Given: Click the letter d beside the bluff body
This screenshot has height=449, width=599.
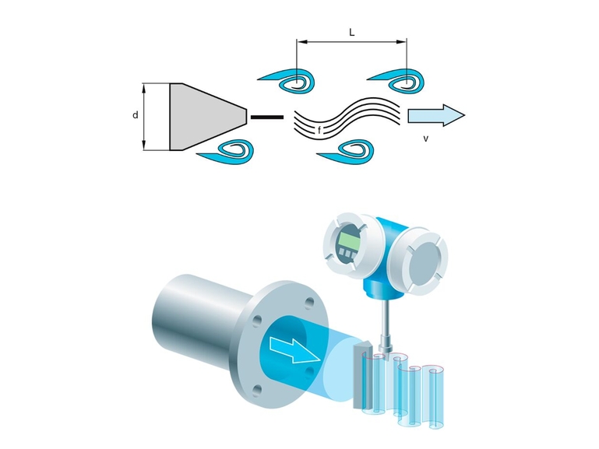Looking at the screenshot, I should (136, 115).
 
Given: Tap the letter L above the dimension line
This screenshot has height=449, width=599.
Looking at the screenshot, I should (351, 33).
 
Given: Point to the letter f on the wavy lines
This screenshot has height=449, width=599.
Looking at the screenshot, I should (319, 129).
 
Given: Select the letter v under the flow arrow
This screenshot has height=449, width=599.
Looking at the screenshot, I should (425, 139).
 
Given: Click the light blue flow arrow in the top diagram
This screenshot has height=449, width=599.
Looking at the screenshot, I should (435, 116).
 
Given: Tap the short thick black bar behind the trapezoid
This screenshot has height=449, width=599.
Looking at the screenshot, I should (267, 117).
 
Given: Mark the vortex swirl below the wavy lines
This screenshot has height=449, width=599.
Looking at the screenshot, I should (348, 150).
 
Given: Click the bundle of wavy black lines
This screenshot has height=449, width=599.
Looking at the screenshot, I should (347, 117).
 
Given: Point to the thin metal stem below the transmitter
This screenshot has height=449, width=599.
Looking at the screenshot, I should (386, 326).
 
